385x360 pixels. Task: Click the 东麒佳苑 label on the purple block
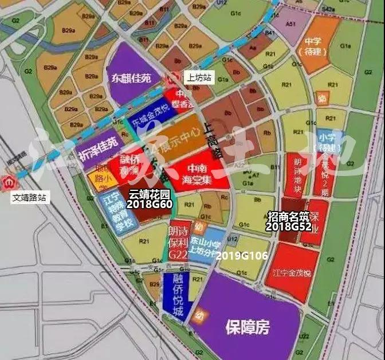tap(131, 77)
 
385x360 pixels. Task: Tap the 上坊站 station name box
tap(198, 78)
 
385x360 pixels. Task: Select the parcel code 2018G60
tap(150, 204)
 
